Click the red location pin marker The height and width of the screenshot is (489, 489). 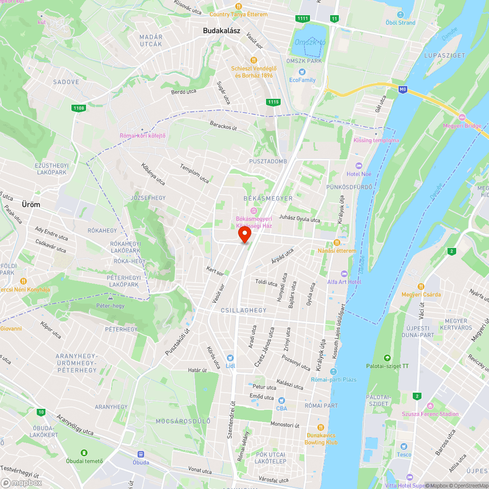point(244,235)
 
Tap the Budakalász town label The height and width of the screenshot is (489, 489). point(222,30)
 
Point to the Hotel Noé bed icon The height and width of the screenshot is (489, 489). point(358,166)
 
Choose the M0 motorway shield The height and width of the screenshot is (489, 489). point(402,89)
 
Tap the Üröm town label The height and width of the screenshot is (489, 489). point(31,204)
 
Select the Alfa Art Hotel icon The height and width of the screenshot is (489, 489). point(344,273)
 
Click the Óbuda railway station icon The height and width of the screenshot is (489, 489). point(141,454)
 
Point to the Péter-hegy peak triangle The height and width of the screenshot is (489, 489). point(111,297)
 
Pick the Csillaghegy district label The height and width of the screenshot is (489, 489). point(244,311)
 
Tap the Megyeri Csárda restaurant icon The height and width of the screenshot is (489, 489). point(421,286)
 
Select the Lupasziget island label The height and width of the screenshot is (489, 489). point(445,55)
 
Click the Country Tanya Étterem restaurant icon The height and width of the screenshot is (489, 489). point(239,6)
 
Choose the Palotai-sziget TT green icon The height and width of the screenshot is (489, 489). point(388,357)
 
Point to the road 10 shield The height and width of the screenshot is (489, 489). point(41,412)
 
